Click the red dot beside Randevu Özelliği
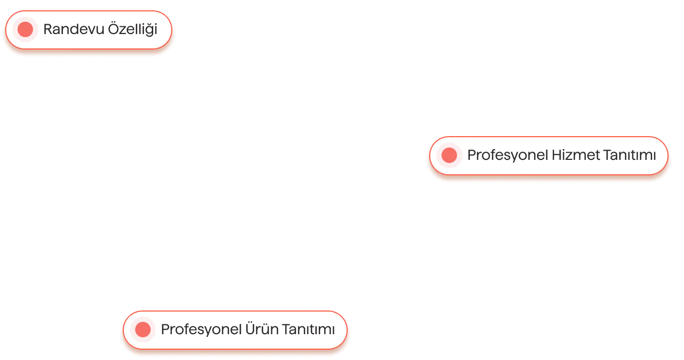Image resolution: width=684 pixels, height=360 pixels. point(25,29)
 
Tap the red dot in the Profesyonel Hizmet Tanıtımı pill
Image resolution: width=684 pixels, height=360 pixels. point(449,155)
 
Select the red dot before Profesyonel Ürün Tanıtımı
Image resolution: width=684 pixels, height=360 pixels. point(143,329)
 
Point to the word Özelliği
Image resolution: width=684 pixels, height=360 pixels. point(132,29)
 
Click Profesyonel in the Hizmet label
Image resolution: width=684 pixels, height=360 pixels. point(508,155)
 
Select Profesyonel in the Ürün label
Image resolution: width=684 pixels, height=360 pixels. point(201,329)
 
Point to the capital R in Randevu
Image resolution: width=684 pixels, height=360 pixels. point(47,29)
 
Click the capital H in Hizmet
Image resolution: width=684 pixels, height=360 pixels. point(557,155)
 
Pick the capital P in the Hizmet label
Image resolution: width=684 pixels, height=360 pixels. point(471,155)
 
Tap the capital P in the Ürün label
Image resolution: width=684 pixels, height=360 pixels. point(165,329)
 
